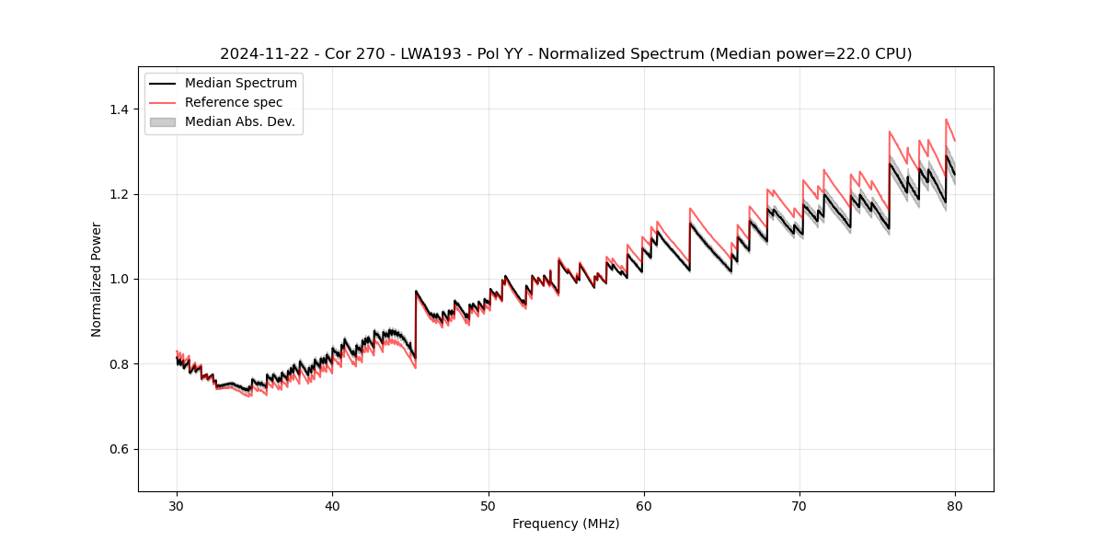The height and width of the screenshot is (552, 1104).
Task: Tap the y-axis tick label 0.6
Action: pos(119,449)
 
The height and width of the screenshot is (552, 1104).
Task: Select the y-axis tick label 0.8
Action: pos(119,364)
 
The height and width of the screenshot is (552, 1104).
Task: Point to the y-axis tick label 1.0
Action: pos(119,279)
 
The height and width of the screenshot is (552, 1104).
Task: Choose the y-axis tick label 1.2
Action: pos(119,194)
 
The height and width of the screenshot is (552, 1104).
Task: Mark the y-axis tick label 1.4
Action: pos(119,109)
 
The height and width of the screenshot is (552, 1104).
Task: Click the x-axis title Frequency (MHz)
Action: pos(566,523)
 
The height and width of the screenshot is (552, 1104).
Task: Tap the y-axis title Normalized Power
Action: pos(97,279)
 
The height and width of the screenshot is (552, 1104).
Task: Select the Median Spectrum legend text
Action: pos(241,84)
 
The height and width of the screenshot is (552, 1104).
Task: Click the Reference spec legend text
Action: pos(234,102)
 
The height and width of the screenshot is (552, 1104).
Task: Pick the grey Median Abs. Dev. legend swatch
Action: pos(162,121)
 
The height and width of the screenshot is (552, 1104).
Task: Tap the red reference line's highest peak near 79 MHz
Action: pos(946,120)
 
